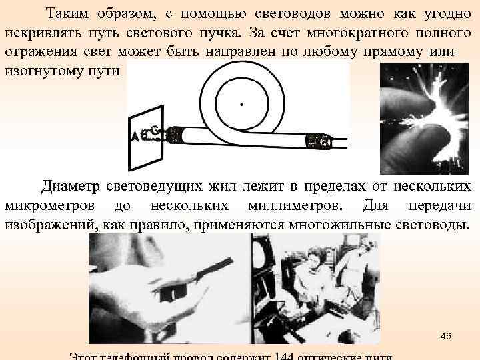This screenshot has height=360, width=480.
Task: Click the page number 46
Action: [445, 335]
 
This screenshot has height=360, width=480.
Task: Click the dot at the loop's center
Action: [241, 105]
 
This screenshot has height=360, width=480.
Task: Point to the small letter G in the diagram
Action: [155, 129]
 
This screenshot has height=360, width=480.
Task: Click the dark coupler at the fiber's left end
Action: [174, 135]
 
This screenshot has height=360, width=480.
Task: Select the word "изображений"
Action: [51, 223]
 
